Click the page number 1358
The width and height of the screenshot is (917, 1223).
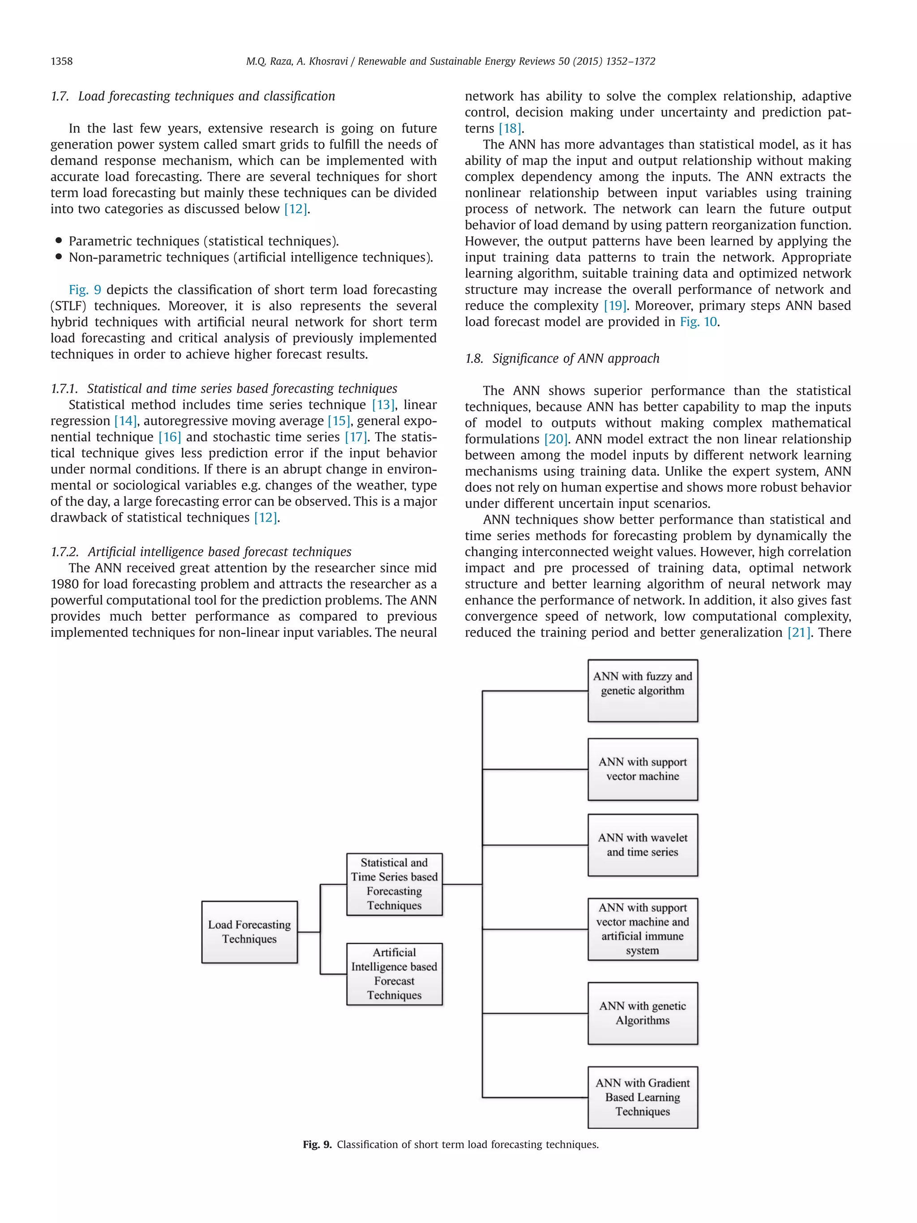pos(61,61)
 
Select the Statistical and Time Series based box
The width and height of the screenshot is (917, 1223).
pos(394,884)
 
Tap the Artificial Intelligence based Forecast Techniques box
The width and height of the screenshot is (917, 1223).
pos(394,974)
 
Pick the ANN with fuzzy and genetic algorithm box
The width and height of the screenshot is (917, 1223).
pos(642,690)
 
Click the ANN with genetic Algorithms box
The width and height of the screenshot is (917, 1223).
pos(642,1013)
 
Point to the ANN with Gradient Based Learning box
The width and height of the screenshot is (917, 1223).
pos(642,1097)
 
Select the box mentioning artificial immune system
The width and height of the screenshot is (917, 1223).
pos(642,929)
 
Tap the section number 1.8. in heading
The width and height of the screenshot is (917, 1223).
pos(474,359)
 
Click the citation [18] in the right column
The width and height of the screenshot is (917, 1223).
pos(510,129)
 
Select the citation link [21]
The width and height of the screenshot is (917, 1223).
pos(799,632)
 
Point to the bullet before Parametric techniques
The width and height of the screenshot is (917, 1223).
pos(59,240)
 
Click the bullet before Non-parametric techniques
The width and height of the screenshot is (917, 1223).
pos(59,257)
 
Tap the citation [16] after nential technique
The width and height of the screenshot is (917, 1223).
pos(170,438)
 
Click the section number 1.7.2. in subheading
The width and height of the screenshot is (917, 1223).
pos(64,552)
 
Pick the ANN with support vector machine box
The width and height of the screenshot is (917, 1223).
pos(642,768)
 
